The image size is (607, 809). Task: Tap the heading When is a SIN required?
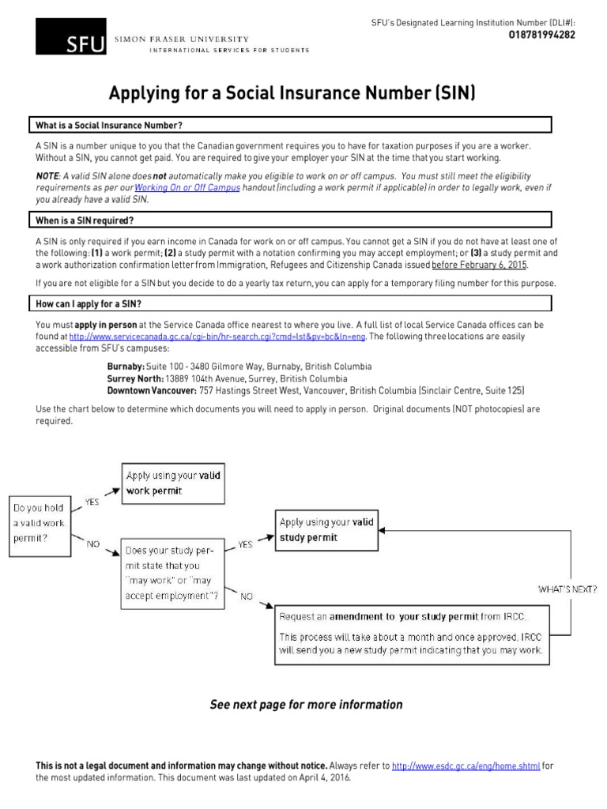click(x=85, y=220)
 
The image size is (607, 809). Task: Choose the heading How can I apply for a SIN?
click(x=89, y=303)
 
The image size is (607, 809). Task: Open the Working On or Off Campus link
click(x=187, y=189)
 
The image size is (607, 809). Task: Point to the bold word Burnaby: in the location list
click(x=126, y=367)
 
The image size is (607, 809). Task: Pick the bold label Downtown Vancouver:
click(x=152, y=390)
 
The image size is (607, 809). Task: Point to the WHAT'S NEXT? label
click(x=567, y=589)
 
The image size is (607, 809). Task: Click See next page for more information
click(x=306, y=704)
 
